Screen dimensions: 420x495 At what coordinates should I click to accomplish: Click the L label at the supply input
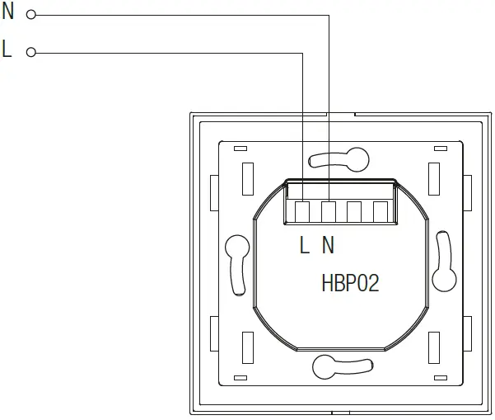(7, 50)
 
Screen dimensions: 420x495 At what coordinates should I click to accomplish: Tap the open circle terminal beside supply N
(31, 14)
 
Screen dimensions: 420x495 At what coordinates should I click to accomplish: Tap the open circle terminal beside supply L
(31, 53)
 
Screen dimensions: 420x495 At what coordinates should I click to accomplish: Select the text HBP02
(350, 284)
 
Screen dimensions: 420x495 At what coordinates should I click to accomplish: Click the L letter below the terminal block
(304, 244)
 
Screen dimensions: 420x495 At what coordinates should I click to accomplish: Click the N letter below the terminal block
(328, 244)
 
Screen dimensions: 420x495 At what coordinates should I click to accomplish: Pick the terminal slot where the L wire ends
(303, 212)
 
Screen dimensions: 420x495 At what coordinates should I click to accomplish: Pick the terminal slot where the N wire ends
(329, 212)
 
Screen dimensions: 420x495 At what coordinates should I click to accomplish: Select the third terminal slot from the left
(354, 212)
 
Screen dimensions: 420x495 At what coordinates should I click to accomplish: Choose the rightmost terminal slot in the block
(380, 212)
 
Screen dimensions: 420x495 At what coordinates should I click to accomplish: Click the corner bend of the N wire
(329, 14)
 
